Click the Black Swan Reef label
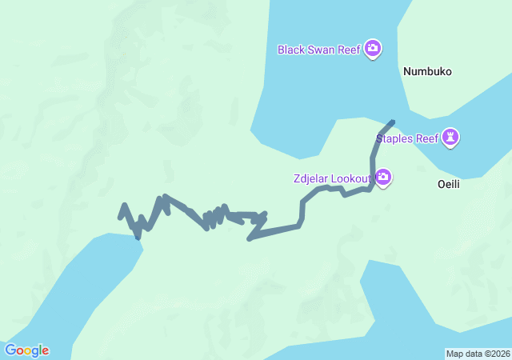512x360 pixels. click(319, 50)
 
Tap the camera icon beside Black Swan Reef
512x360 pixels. click(372, 50)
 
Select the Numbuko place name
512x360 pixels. click(427, 71)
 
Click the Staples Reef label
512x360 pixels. click(407, 138)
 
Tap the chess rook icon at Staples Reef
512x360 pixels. click(452, 138)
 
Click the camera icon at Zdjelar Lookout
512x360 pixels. click(383, 177)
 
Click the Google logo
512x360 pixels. click(26, 350)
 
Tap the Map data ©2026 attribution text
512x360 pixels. click(478, 354)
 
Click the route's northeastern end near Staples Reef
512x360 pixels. click(392, 122)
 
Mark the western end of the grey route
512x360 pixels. click(121, 216)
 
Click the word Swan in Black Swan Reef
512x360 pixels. click(322, 50)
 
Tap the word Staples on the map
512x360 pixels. click(395, 138)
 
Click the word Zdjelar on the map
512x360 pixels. click(312, 177)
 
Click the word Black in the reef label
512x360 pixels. click(291, 50)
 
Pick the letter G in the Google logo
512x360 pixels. click(10, 350)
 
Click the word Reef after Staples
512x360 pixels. click(429, 138)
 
